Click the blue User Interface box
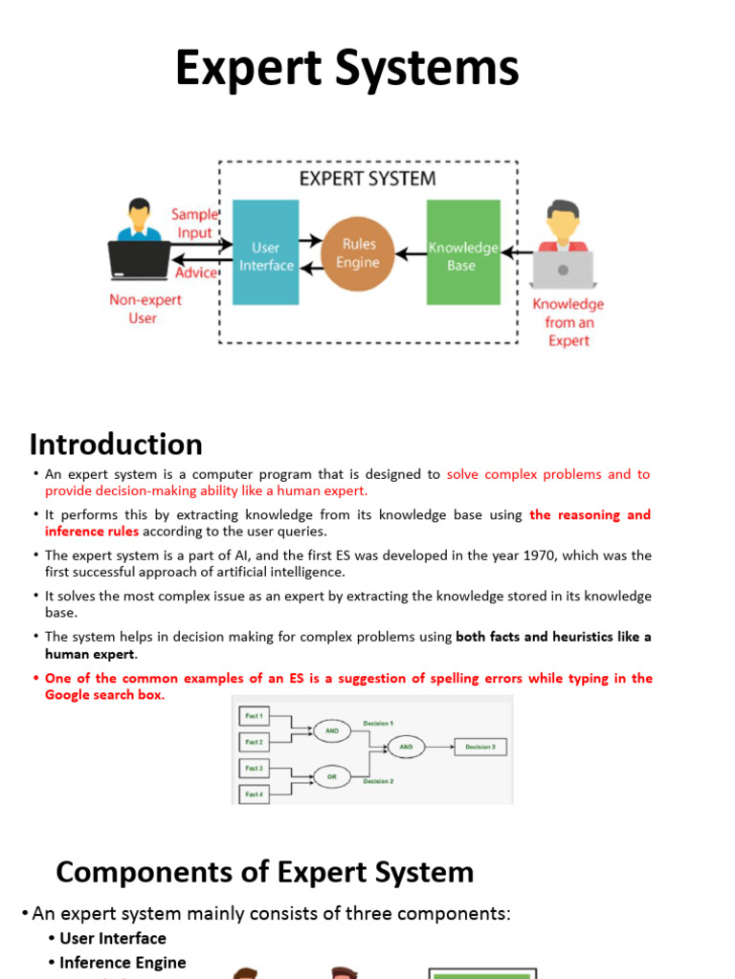pyautogui.click(x=266, y=253)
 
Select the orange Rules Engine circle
pyautogui.click(x=357, y=253)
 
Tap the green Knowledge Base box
pyautogui.click(x=462, y=253)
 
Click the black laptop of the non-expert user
pyautogui.click(x=140, y=259)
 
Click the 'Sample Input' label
pyautogui.click(x=194, y=224)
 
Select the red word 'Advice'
pyautogui.click(x=196, y=272)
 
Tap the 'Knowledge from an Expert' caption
pyautogui.click(x=568, y=322)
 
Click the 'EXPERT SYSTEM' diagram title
pyautogui.click(x=367, y=179)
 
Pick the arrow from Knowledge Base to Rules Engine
pyautogui.click(x=411, y=254)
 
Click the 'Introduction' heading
pyautogui.click(x=116, y=445)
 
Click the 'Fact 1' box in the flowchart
pyautogui.click(x=254, y=714)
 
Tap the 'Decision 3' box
pyautogui.click(x=479, y=747)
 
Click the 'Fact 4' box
pyautogui.click(x=254, y=794)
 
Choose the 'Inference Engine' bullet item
pyautogui.click(x=122, y=963)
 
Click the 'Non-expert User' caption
pyautogui.click(x=145, y=309)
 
